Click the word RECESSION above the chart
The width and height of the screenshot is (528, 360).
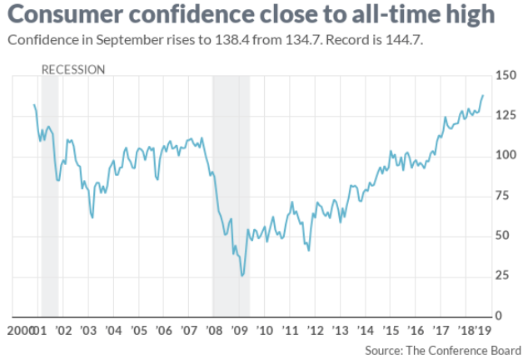(73, 69)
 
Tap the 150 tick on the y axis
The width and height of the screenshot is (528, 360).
(505, 77)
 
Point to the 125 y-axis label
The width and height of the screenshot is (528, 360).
(505, 115)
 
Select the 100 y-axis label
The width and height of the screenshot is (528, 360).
(505, 155)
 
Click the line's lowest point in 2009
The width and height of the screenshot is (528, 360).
(242, 276)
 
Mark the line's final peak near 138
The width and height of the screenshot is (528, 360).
(483, 95)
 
